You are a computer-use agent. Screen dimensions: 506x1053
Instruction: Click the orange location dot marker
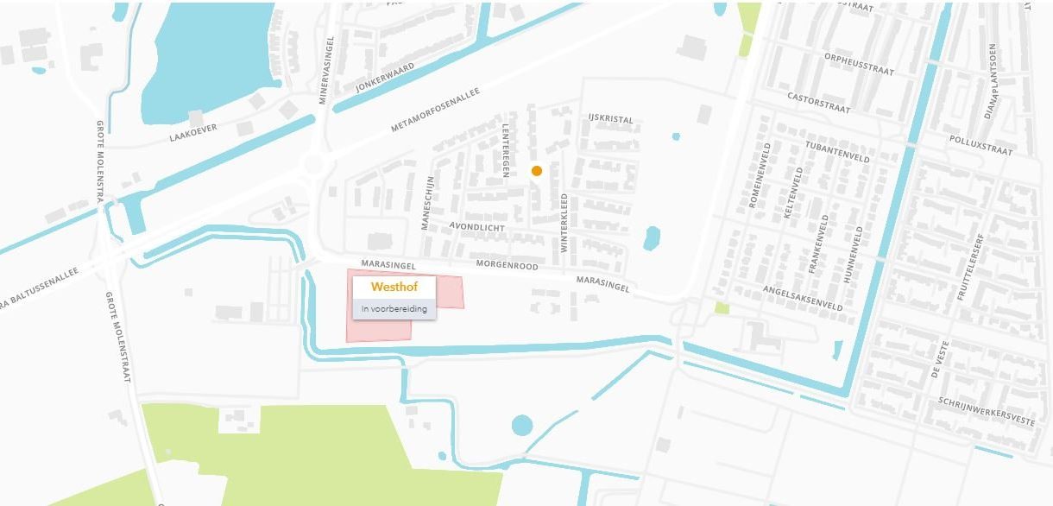(x=537, y=171)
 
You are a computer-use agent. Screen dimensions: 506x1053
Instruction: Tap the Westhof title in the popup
(x=394, y=287)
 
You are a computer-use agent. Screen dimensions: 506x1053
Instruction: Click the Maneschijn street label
(x=426, y=204)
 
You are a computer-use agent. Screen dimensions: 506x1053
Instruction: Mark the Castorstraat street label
(x=818, y=104)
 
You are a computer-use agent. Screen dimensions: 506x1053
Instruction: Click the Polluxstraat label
(x=980, y=144)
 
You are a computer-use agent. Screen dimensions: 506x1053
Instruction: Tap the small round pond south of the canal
(x=522, y=425)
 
